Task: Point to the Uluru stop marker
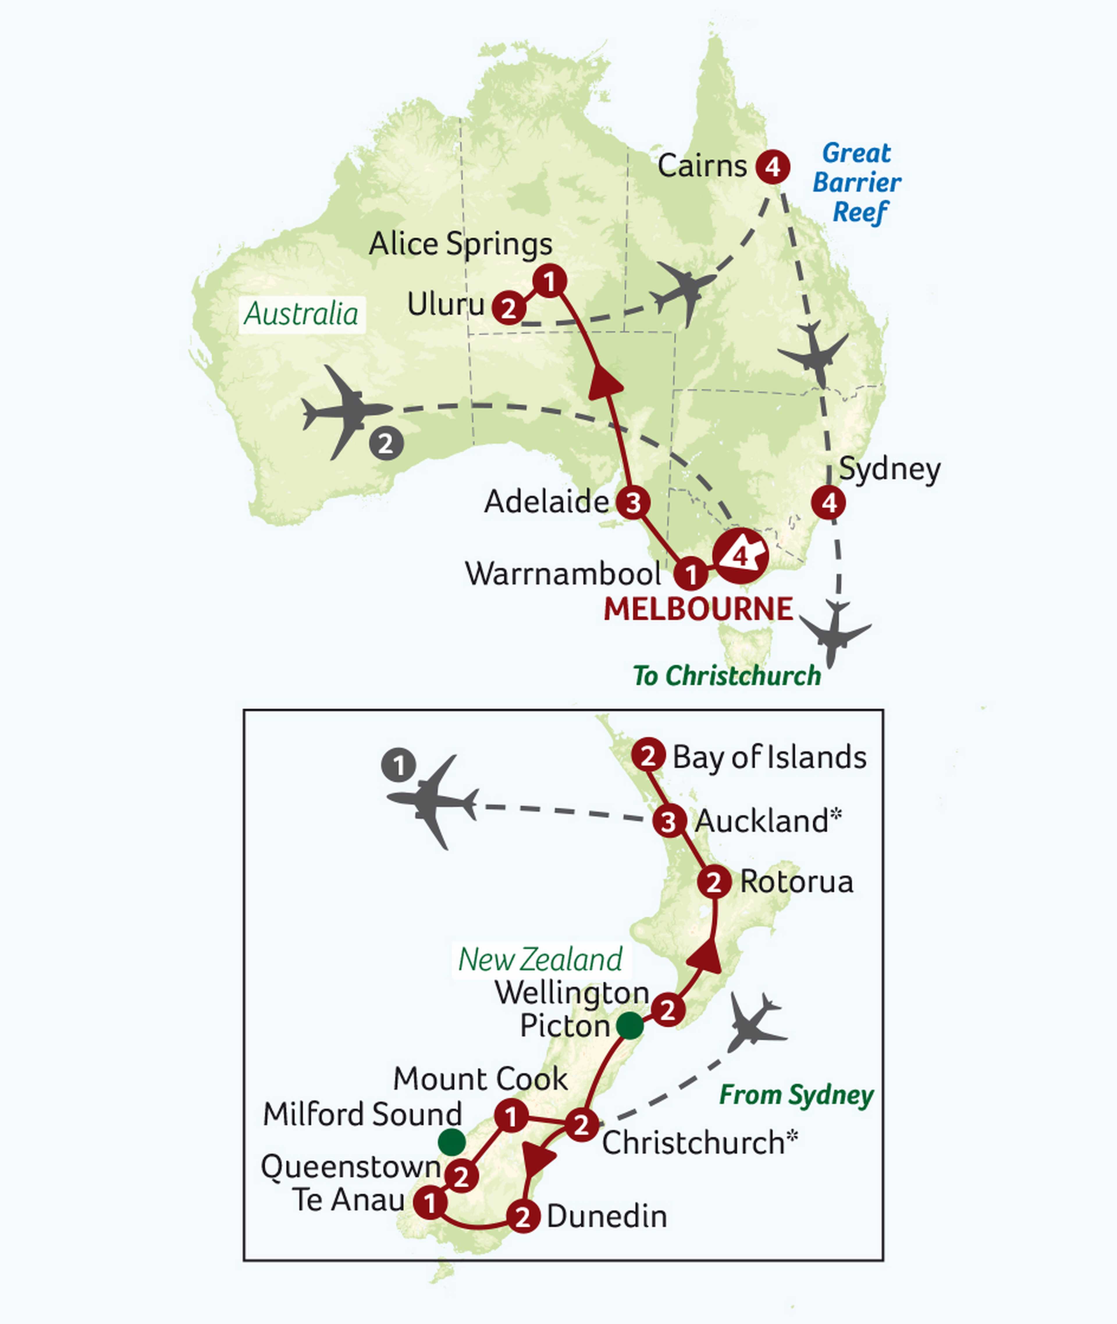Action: pyautogui.click(x=508, y=308)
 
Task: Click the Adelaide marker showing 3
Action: pyautogui.click(x=633, y=503)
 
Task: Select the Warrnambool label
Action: pyautogui.click(x=563, y=574)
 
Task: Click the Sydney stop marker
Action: pyautogui.click(x=829, y=503)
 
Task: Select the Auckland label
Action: pyautogui.click(x=767, y=821)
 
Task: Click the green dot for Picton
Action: pyautogui.click(x=630, y=1025)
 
